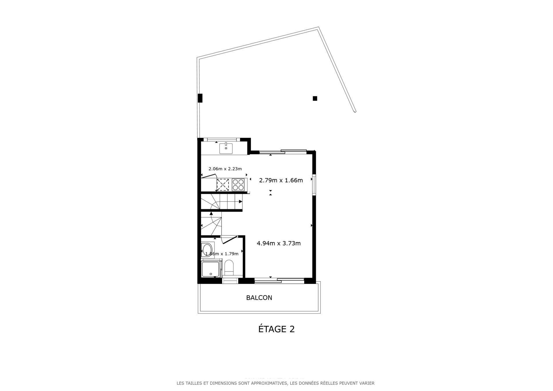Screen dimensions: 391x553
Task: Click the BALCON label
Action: [259, 298]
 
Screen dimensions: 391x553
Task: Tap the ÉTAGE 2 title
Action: [276, 329]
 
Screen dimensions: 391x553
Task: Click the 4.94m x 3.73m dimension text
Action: [279, 243]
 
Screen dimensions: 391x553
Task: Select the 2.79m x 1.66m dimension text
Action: [281, 181]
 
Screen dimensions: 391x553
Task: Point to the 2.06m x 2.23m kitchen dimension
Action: [225, 169]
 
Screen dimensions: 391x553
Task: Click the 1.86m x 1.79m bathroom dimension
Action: [222, 254]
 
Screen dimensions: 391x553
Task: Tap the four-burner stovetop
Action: [238, 185]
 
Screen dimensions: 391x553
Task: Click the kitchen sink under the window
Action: [226, 149]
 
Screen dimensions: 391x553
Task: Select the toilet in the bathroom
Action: [229, 267]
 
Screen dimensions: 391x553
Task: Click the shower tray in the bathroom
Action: [211, 269]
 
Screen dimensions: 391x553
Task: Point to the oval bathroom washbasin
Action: [207, 249]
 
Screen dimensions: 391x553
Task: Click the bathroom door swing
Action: [229, 240]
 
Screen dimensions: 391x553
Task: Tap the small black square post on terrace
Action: [315, 98]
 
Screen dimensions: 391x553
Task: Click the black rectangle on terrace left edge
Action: [200, 98]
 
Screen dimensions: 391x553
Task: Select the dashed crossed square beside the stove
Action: [223, 185]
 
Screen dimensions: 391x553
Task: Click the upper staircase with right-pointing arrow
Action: [222, 202]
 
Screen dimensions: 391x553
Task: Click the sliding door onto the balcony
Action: [279, 280]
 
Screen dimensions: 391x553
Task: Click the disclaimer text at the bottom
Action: [275, 383]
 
